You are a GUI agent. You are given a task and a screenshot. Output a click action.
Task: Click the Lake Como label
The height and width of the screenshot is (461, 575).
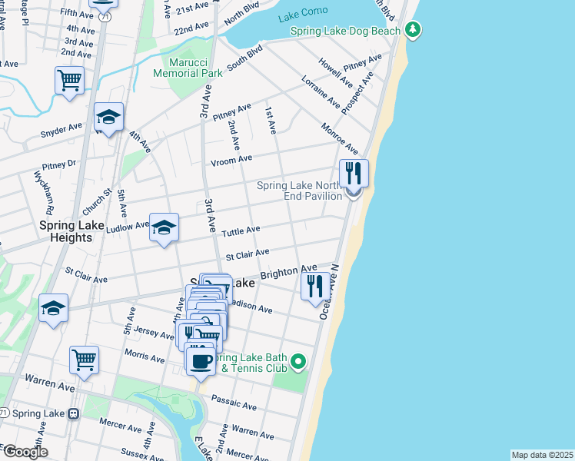(304, 11)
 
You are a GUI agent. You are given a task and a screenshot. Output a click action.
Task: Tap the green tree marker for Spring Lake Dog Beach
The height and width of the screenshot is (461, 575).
(414, 30)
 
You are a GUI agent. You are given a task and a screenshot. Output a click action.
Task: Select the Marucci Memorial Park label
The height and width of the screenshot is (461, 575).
(188, 68)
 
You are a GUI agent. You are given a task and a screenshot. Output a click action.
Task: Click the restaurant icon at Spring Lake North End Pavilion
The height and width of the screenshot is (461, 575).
(353, 173)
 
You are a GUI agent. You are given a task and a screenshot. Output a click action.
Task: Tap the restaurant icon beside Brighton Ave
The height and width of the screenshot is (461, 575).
(315, 286)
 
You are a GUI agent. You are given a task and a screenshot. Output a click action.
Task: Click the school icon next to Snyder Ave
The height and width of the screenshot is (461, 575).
(108, 117)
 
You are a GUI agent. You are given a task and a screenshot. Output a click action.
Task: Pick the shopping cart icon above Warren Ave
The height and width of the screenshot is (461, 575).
(84, 359)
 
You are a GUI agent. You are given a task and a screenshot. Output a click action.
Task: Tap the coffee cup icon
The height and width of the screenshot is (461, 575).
(201, 360)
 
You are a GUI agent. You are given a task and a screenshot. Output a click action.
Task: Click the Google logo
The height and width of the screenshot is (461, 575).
(25, 452)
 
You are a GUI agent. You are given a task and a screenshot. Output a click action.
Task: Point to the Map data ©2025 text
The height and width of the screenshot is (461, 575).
(542, 455)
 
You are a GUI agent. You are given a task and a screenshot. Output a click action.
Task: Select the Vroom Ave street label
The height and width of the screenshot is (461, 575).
(232, 159)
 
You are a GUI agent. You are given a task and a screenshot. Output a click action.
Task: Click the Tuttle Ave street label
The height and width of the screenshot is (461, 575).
(241, 230)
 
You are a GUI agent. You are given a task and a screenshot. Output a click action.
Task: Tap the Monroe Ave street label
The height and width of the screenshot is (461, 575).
(340, 138)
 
